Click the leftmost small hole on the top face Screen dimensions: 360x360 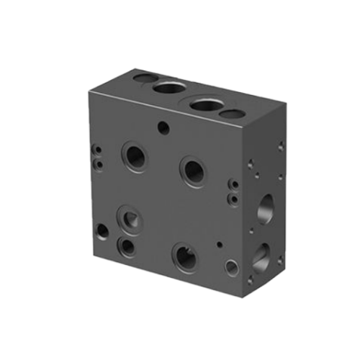coord(144,76)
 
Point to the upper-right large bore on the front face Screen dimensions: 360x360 coord(193,171)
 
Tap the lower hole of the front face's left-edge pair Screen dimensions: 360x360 coord(96,163)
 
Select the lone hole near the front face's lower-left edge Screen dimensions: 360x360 coord(103,233)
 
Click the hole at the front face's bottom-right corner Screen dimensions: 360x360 coord(231,268)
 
